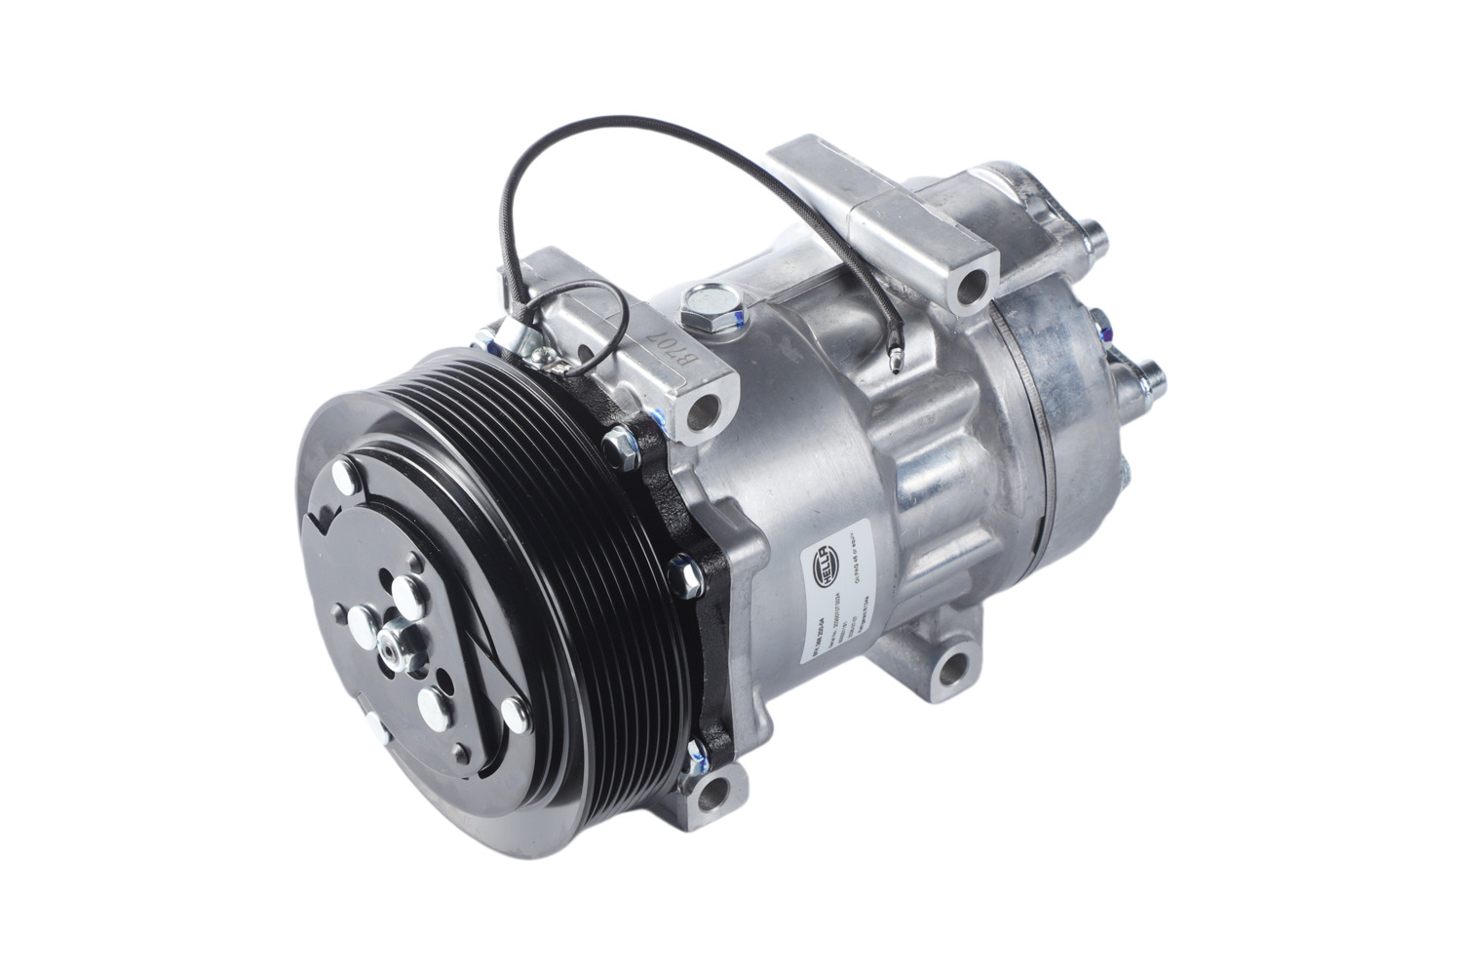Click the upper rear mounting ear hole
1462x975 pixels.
pos(973,286)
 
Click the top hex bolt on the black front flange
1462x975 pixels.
pos(622,445)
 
